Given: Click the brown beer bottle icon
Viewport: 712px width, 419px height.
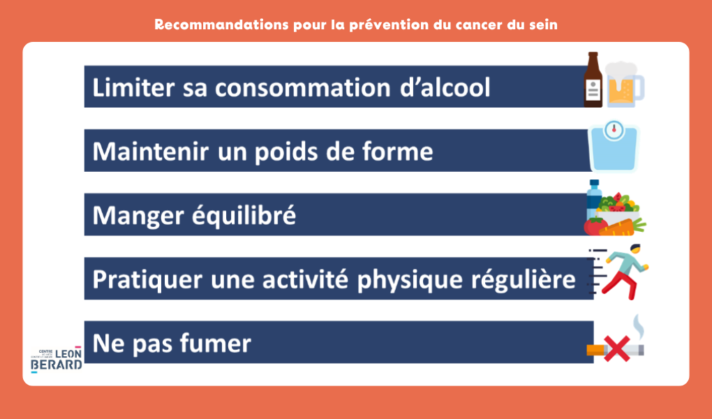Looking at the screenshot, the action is point(593,80).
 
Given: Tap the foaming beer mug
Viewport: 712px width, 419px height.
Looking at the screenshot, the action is point(624,84).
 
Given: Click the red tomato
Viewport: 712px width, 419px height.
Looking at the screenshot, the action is point(595,226).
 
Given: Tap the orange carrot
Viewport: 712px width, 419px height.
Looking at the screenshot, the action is point(622,227).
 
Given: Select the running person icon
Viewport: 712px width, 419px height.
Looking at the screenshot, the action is point(619,272).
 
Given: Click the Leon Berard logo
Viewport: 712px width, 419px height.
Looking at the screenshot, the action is point(57,360).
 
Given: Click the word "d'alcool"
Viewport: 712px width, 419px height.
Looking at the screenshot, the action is point(445,87).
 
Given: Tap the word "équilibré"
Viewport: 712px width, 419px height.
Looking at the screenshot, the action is point(244,215).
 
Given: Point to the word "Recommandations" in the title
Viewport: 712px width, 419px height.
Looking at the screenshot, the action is point(221,24).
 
